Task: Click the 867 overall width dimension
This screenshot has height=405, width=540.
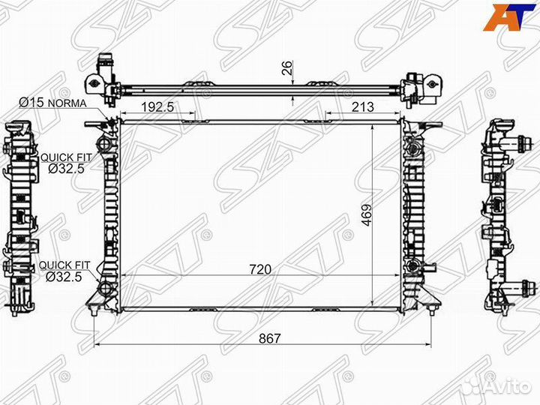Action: (270, 337)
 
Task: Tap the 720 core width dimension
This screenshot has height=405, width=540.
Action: (260, 269)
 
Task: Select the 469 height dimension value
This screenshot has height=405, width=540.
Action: (367, 215)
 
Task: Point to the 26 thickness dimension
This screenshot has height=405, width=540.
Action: (287, 67)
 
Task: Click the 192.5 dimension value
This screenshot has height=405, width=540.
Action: (157, 106)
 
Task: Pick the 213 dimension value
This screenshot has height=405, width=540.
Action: (363, 106)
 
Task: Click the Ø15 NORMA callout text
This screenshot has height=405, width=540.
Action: (52, 102)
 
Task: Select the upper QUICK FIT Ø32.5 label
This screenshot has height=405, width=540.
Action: (67, 163)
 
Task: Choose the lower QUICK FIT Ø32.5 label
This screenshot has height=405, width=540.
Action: (64, 271)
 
